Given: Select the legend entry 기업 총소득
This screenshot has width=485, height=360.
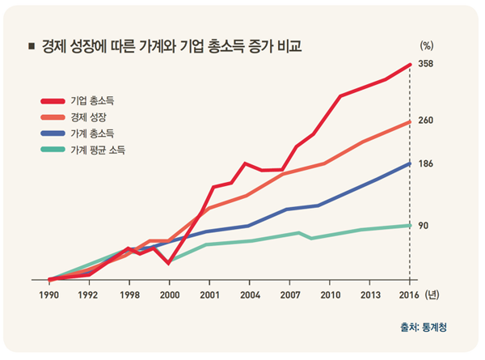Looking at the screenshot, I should click(x=91, y=101).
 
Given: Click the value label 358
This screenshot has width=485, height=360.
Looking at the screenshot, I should click(x=427, y=64).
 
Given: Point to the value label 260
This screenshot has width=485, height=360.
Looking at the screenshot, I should click(x=427, y=121).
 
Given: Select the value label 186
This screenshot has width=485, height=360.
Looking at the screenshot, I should click(x=427, y=164).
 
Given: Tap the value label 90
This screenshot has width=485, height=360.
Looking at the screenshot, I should click(x=424, y=225).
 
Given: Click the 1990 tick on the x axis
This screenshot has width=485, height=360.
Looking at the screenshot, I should click(x=48, y=294).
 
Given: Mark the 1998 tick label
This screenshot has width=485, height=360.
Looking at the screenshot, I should click(x=129, y=294).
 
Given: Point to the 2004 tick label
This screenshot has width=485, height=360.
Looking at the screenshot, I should click(x=249, y=294).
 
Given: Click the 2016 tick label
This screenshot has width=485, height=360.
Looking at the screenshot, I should click(x=409, y=294).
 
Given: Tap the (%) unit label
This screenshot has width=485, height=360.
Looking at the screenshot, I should click(x=427, y=47).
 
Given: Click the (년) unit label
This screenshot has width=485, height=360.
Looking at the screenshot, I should click(x=432, y=294).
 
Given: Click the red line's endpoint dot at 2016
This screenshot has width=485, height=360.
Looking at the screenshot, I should click(x=410, y=64).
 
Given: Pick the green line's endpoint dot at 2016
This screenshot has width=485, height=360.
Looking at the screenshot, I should click(x=410, y=225).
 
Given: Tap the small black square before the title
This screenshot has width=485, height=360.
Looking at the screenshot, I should click(x=31, y=47).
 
